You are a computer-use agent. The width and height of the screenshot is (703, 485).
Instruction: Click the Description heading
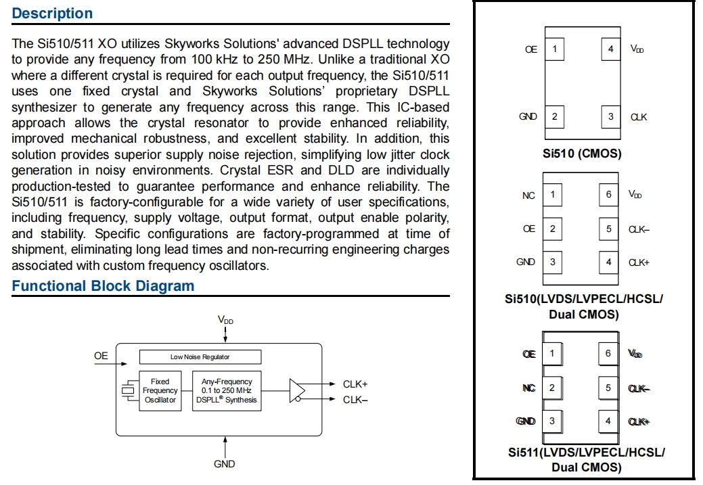point(53,14)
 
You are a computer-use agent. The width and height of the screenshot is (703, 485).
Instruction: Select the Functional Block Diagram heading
point(103,286)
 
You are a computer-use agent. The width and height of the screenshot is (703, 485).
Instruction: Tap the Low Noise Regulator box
point(200,356)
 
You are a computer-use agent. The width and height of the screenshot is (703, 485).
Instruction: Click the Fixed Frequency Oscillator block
point(160,391)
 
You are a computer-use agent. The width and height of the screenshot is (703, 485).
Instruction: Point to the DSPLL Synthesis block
point(227,391)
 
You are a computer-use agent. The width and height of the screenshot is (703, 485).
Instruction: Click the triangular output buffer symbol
point(297,391)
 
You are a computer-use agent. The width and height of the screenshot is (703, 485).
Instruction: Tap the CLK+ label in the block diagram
point(355,384)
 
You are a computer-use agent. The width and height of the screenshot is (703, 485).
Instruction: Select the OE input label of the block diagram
point(101,356)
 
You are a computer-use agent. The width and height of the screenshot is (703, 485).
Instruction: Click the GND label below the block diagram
point(225,464)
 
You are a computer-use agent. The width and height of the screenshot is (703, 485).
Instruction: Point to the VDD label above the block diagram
point(225,319)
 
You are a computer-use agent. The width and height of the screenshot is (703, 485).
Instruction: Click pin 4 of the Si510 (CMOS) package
point(610,49)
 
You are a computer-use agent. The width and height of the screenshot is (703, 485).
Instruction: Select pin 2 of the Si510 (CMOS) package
point(555,117)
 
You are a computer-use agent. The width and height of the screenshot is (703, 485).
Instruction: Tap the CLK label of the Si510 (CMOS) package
point(639,117)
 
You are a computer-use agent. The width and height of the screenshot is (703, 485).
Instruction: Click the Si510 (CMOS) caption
point(582,154)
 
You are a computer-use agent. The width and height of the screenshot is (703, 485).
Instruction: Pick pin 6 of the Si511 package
point(608,354)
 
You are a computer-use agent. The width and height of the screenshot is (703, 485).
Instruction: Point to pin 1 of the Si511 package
point(552,354)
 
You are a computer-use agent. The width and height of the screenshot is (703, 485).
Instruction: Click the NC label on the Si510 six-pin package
point(528,195)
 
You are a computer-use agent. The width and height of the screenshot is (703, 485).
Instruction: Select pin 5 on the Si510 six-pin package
point(608,229)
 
